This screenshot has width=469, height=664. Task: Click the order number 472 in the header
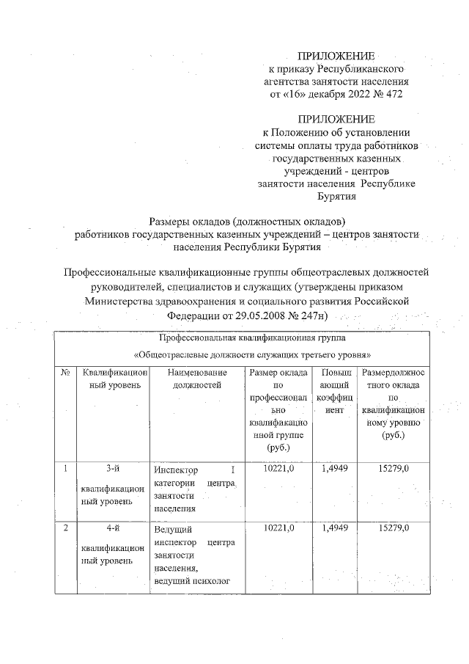pyautogui.click(x=392, y=95)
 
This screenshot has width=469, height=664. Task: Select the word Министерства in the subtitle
pyautogui.click(x=121, y=301)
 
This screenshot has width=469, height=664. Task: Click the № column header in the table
pyautogui.click(x=64, y=373)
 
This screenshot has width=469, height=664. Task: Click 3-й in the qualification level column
pyautogui.click(x=113, y=469)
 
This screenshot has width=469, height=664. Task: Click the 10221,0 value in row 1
pyautogui.click(x=276, y=468)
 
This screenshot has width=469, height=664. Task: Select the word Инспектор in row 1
pyautogui.click(x=176, y=470)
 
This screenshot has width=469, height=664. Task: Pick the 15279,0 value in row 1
pyautogui.click(x=393, y=468)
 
